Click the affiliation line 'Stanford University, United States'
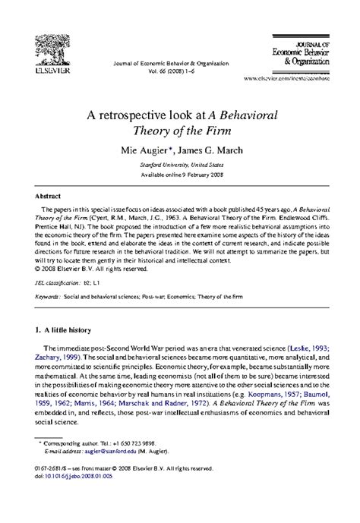click(x=180, y=163)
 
